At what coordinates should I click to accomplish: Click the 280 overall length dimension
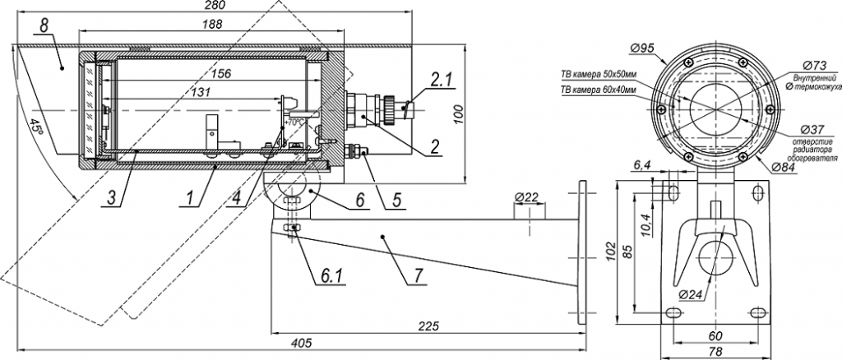212,7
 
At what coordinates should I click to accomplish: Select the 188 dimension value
211,25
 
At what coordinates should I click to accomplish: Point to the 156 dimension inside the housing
220,73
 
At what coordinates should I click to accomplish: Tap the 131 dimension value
201,91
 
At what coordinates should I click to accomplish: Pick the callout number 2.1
441,80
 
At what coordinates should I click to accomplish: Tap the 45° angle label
35,128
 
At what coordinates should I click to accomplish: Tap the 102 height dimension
608,250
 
